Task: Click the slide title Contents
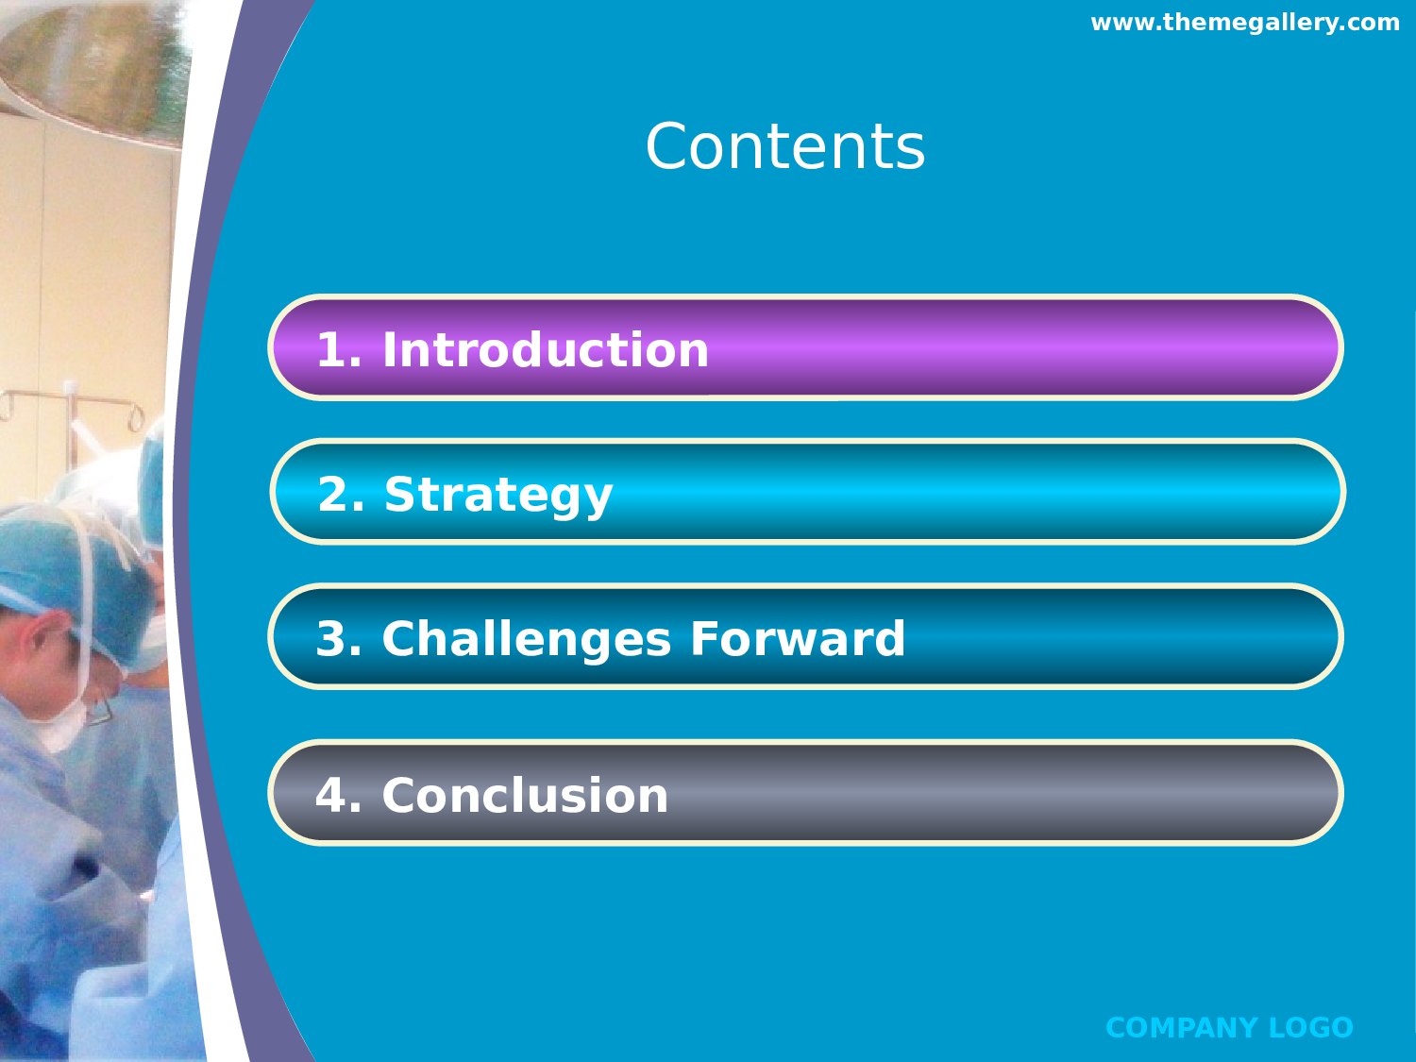(x=785, y=146)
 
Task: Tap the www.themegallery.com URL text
(x=1245, y=23)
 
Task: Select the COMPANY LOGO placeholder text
(x=1230, y=1028)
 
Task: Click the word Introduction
(x=546, y=349)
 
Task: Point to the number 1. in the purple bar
(x=339, y=349)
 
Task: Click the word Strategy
(x=498, y=496)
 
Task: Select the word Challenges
(x=527, y=640)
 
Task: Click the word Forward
(x=798, y=638)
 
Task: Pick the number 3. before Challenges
(x=339, y=638)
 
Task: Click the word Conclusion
(x=525, y=795)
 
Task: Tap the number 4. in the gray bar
(x=339, y=795)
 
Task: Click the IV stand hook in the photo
(x=136, y=417)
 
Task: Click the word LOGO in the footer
(x=1311, y=1028)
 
